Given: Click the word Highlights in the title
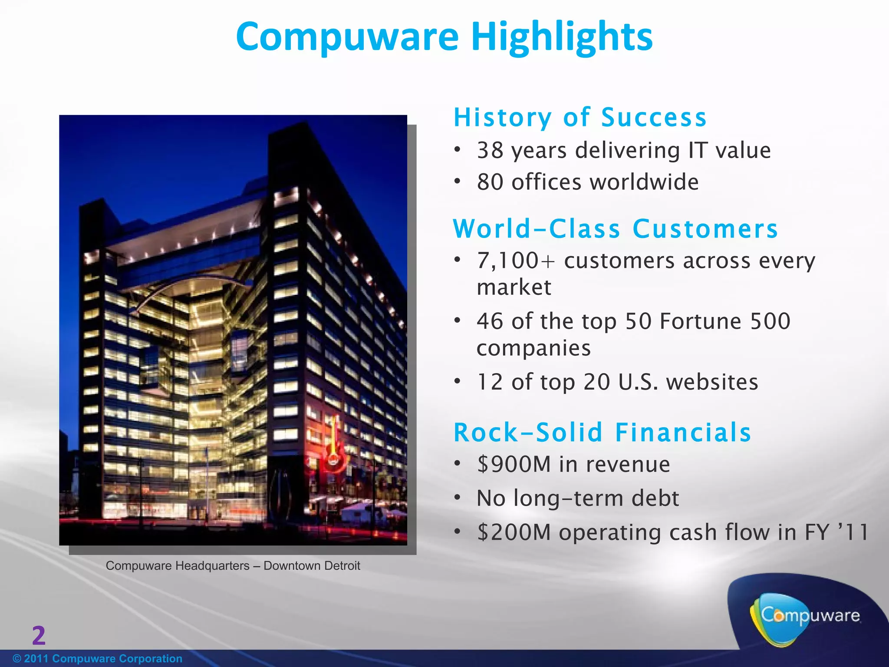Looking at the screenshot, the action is pos(562,37).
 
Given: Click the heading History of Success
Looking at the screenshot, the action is pos(580,118).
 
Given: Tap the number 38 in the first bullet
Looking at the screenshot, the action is pos(491,151).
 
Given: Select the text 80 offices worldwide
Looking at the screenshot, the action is pos(588,182).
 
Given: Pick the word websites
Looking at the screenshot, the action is pos(712,382).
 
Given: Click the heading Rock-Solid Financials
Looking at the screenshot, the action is pos(602,433).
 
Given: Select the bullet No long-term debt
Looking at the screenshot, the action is pos(577,499).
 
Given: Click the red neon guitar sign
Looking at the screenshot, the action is pos(334,447).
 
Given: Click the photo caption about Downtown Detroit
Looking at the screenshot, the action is pos(233,566).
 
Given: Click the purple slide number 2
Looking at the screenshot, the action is pos(39,635).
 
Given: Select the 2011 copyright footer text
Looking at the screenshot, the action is pos(98,659).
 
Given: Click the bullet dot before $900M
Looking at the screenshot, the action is pos(457,464).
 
